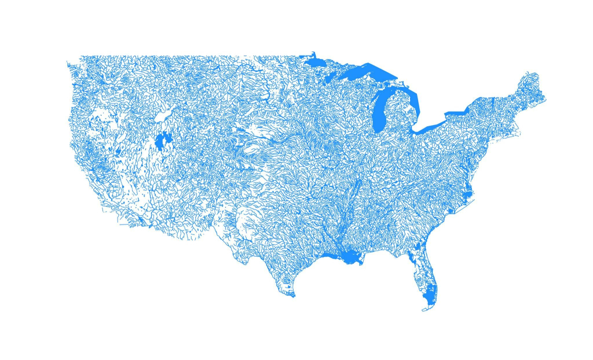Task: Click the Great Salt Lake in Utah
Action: [x=163, y=141]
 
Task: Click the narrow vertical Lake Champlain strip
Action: [x=493, y=104]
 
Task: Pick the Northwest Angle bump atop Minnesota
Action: [x=313, y=53]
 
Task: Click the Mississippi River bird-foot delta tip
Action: [x=363, y=264]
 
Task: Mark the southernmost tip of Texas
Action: [x=292, y=296]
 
